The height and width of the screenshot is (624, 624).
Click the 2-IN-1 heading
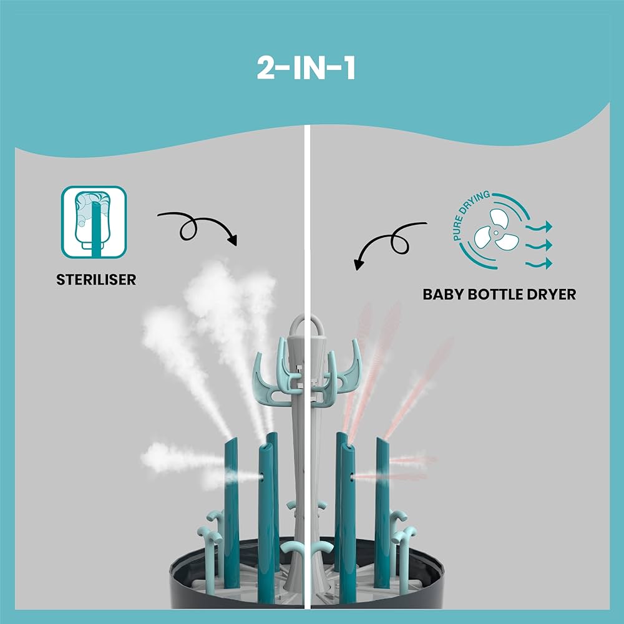[x=306, y=69]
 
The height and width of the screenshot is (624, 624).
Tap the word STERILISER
[x=96, y=279]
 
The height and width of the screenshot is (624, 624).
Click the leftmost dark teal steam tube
[x=231, y=512]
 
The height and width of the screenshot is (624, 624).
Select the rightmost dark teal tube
[x=382, y=512]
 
